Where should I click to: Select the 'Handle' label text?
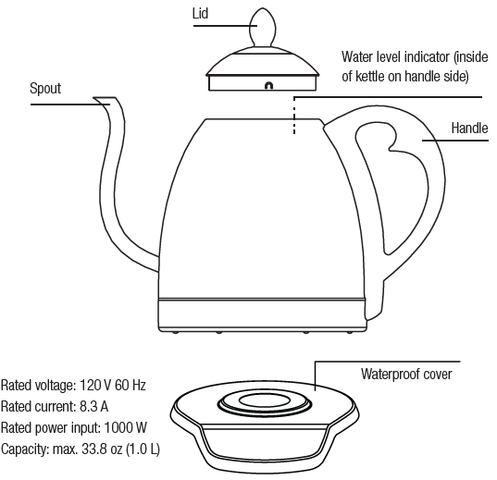point(469,127)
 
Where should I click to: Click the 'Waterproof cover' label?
point(406,374)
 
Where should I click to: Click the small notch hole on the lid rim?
point(269,86)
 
